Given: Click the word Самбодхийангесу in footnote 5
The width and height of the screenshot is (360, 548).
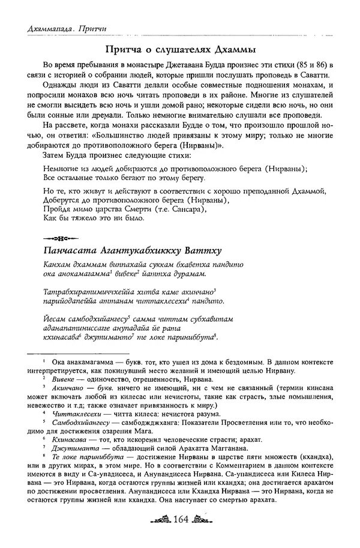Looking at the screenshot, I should (83, 422).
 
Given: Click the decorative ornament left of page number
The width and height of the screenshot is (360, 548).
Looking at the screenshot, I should (159, 535).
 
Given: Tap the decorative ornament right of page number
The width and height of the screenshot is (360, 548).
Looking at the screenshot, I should (201, 535).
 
